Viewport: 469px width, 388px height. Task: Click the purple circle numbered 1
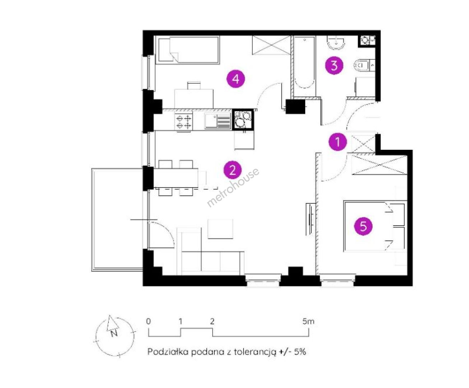(338, 142)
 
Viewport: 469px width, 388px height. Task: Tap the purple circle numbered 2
(233, 170)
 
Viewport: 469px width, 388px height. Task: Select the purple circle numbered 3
(334, 65)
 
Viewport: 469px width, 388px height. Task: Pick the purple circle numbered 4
(236, 79)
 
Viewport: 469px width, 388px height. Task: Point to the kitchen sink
(218, 121)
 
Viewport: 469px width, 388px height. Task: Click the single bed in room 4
(189, 50)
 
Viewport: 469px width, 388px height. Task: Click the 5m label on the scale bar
(308, 321)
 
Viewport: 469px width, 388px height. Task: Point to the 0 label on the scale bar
(148, 321)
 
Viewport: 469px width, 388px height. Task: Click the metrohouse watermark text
(233, 188)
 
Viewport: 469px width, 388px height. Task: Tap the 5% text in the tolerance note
(300, 351)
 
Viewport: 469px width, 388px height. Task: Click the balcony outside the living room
(117, 220)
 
